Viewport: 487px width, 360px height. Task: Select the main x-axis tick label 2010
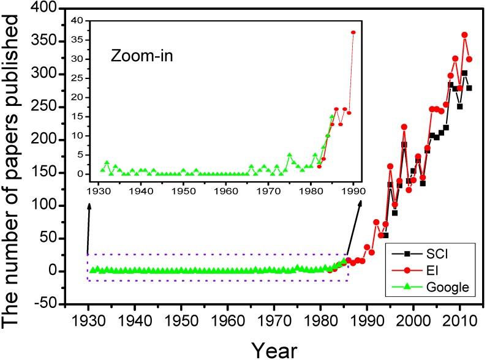click(x=459, y=322)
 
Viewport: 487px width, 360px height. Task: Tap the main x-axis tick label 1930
click(x=88, y=322)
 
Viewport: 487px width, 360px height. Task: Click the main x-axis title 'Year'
click(x=273, y=349)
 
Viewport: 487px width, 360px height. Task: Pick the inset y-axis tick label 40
click(x=89, y=20)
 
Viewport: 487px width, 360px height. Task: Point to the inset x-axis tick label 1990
click(x=353, y=190)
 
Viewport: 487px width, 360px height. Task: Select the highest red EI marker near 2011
click(x=464, y=35)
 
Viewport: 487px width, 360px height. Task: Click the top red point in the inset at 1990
click(x=353, y=32)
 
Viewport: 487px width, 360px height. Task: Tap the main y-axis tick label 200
click(x=47, y=140)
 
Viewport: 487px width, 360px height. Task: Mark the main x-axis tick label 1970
click(x=274, y=322)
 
